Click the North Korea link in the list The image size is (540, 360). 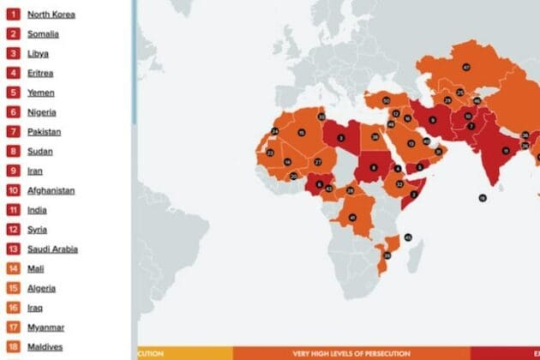51,15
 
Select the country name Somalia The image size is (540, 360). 43,34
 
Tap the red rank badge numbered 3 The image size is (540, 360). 14,53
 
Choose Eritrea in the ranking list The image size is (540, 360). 40,73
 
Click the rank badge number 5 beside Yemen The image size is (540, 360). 14,93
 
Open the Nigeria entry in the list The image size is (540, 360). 43,112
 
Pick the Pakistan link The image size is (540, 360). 44,132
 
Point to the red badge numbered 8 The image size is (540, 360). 14,152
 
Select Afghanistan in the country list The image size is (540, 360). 51,190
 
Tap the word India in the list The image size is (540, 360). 36,210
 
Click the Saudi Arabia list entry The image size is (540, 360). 52,249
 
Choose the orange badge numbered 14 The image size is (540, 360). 14,268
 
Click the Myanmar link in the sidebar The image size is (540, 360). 45,327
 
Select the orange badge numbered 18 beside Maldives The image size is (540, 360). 14,346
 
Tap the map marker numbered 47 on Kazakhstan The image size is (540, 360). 466,67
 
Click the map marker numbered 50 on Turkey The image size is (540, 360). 386,101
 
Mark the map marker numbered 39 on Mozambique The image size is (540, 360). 387,255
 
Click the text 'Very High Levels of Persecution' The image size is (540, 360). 351,352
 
